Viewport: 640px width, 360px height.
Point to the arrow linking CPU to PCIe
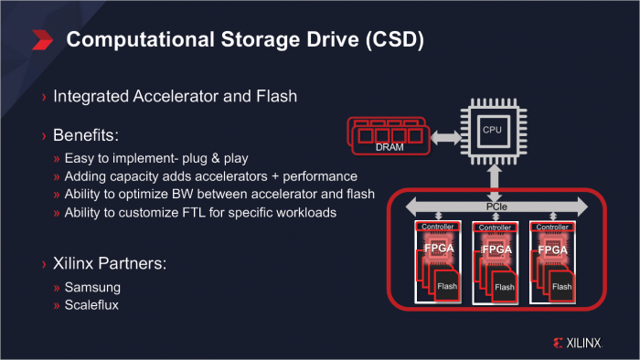(494, 179)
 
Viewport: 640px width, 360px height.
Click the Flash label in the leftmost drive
(449, 286)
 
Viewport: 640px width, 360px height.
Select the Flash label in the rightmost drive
(562, 286)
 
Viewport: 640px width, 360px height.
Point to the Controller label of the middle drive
(495, 227)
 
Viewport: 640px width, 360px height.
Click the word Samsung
(92, 288)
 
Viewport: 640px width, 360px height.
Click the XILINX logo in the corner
(578, 344)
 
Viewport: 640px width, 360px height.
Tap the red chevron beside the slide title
(42, 40)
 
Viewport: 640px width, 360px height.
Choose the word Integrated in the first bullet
(93, 96)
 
